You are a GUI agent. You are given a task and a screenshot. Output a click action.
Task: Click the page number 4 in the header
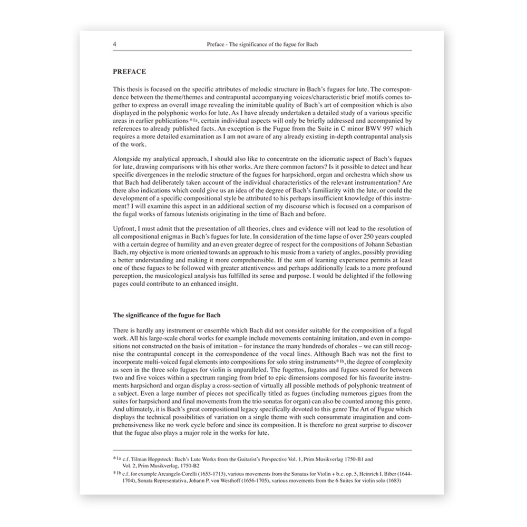click(115, 45)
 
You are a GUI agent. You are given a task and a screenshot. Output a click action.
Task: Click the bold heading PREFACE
click(130, 70)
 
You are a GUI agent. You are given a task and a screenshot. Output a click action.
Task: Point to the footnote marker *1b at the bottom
click(116, 473)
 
